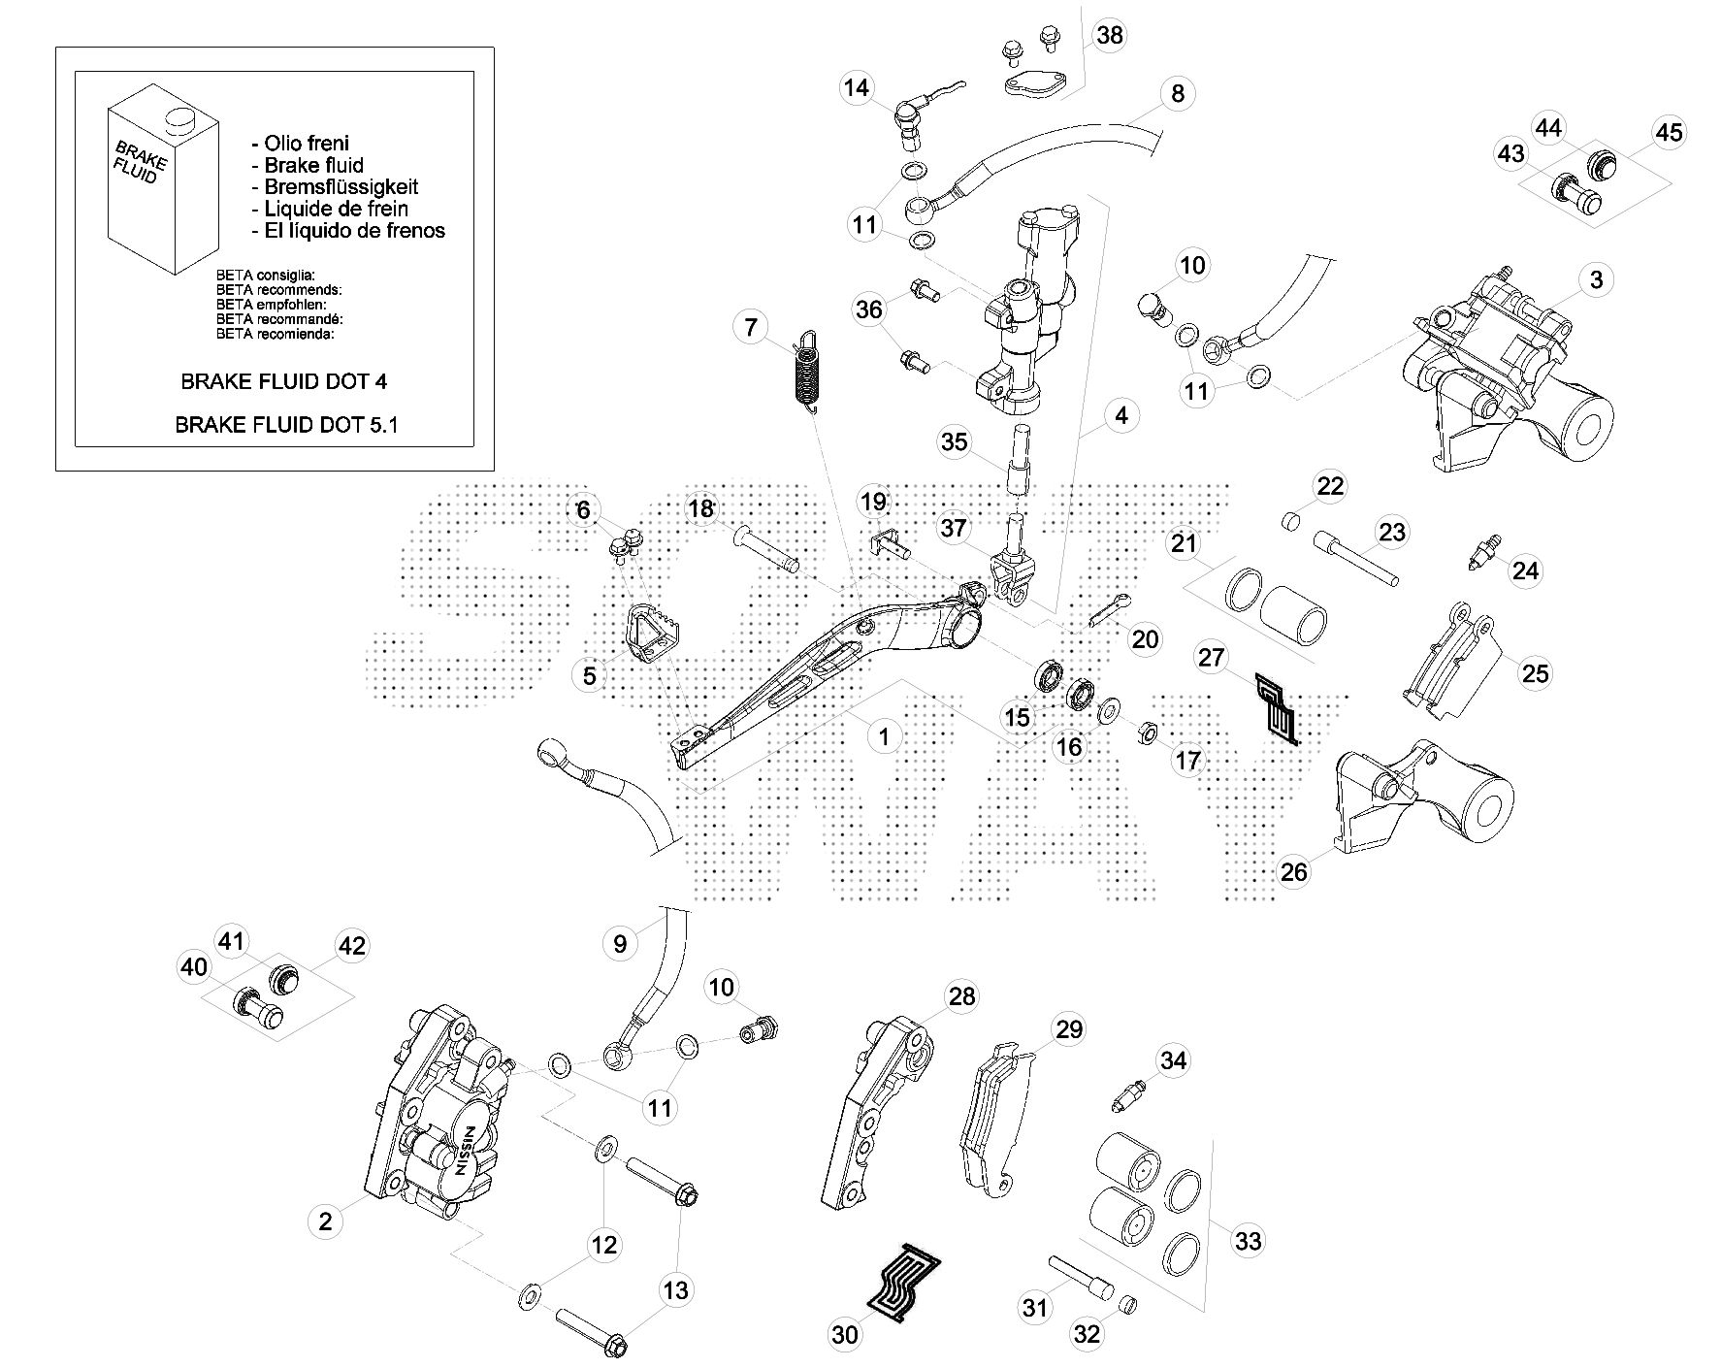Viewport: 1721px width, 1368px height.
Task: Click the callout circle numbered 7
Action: [750, 326]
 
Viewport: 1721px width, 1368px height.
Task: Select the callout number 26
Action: [1293, 872]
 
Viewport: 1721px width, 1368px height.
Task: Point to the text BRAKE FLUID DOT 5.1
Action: [285, 424]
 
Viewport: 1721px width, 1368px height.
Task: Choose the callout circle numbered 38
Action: [1109, 35]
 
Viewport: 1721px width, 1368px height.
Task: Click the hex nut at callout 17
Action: [1145, 730]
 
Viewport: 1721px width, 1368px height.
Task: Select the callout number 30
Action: [845, 1335]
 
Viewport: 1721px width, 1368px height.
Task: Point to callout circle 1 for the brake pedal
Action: [883, 736]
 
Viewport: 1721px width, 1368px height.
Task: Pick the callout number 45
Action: [1669, 132]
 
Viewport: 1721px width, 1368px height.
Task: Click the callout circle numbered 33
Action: [1248, 1240]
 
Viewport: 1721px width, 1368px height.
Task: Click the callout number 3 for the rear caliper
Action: [1596, 280]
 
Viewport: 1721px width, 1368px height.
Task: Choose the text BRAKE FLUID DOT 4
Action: [283, 381]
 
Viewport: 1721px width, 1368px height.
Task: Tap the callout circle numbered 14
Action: [857, 88]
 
